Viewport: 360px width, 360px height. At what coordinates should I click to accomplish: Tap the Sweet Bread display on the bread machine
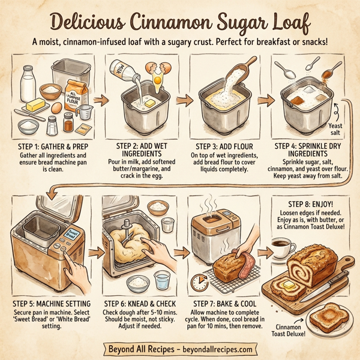click(70, 236)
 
